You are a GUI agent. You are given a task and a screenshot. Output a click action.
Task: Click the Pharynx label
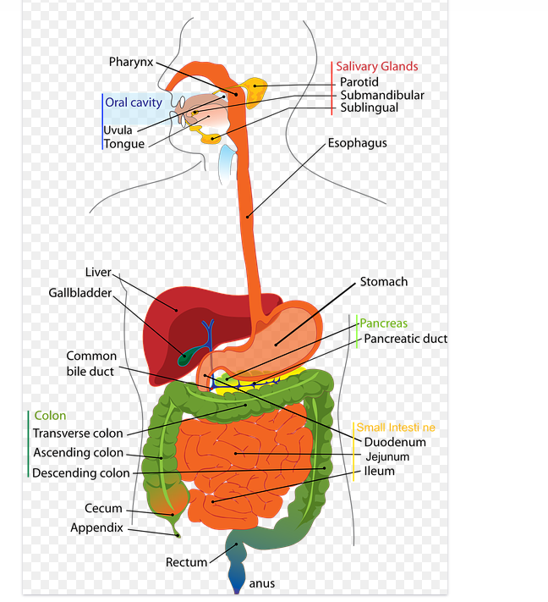131,62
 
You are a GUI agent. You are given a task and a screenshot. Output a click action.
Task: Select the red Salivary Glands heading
376,67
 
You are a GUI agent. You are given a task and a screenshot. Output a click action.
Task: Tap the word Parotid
359,82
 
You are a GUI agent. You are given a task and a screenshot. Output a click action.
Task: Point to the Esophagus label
357,143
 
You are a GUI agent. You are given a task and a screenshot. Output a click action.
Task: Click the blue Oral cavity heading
134,102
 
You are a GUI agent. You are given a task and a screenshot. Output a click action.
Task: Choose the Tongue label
123,144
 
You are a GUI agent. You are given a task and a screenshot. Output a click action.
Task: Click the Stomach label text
384,282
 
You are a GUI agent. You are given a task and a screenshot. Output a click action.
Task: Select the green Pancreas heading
384,323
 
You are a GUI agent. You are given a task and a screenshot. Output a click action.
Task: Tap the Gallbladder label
79,293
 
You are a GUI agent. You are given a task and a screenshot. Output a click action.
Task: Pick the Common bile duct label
91,363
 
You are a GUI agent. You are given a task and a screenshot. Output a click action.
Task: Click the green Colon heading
50,416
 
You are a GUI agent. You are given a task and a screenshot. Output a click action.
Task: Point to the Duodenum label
395,442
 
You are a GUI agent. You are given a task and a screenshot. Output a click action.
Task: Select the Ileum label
379,471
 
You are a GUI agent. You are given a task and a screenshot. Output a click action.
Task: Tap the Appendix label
96,527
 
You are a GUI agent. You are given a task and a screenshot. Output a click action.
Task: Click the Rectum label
186,562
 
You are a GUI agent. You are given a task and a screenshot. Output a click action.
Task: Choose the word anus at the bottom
262,583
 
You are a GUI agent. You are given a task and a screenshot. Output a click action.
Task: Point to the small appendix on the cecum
177,530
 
